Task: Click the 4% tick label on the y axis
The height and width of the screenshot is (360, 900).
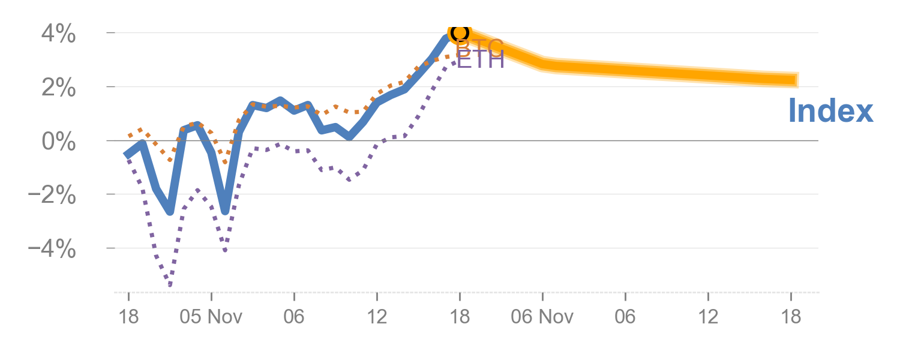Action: coord(58,34)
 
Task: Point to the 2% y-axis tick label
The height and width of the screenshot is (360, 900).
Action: coord(58,88)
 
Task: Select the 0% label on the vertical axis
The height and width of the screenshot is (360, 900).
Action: coord(58,142)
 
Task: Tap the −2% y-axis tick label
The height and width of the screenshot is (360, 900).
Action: coord(52,196)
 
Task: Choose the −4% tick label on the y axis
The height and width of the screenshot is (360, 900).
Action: coord(52,249)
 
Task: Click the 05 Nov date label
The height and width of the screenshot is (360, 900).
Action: coord(211,316)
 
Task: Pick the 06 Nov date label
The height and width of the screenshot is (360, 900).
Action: coord(542,316)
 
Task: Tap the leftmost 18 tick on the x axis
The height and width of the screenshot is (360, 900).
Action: coord(128,316)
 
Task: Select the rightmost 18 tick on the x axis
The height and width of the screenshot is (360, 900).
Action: coord(791,316)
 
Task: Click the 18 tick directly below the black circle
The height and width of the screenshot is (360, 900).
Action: coord(460,316)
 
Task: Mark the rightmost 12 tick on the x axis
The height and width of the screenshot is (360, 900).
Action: coord(708,316)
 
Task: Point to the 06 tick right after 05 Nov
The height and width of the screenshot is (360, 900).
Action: coord(294,316)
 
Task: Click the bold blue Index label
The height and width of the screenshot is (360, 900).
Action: coord(830,112)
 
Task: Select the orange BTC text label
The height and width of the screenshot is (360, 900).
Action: coord(479,47)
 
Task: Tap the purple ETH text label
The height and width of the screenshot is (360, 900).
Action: coord(480,60)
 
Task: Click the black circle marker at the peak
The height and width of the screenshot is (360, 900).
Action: coord(460,32)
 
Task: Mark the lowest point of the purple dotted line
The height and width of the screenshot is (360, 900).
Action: coord(170,284)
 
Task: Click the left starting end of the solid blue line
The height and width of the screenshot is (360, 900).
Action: coord(126,155)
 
